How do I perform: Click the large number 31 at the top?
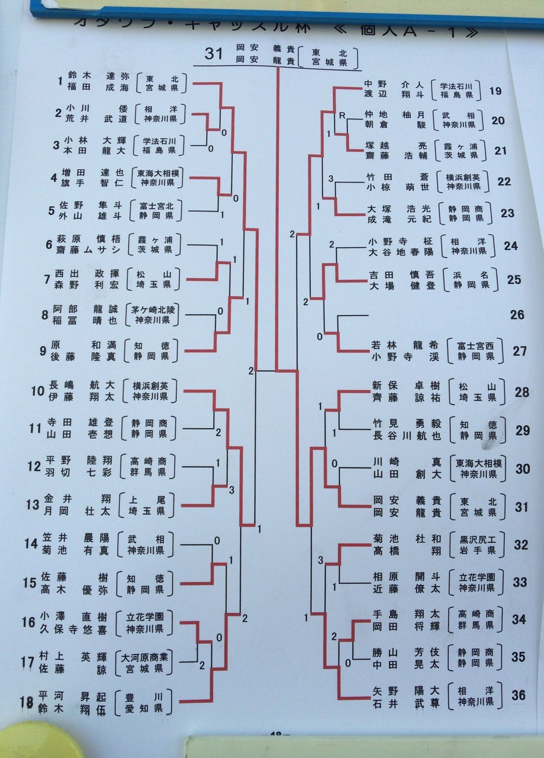click(x=214, y=54)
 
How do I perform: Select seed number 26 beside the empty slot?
click(x=517, y=314)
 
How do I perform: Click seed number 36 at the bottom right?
click(x=519, y=695)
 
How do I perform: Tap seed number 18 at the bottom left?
click(x=25, y=702)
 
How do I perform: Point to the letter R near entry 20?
click(x=342, y=114)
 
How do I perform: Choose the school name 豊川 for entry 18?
click(x=144, y=695)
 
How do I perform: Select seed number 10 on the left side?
click(x=38, y=391)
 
